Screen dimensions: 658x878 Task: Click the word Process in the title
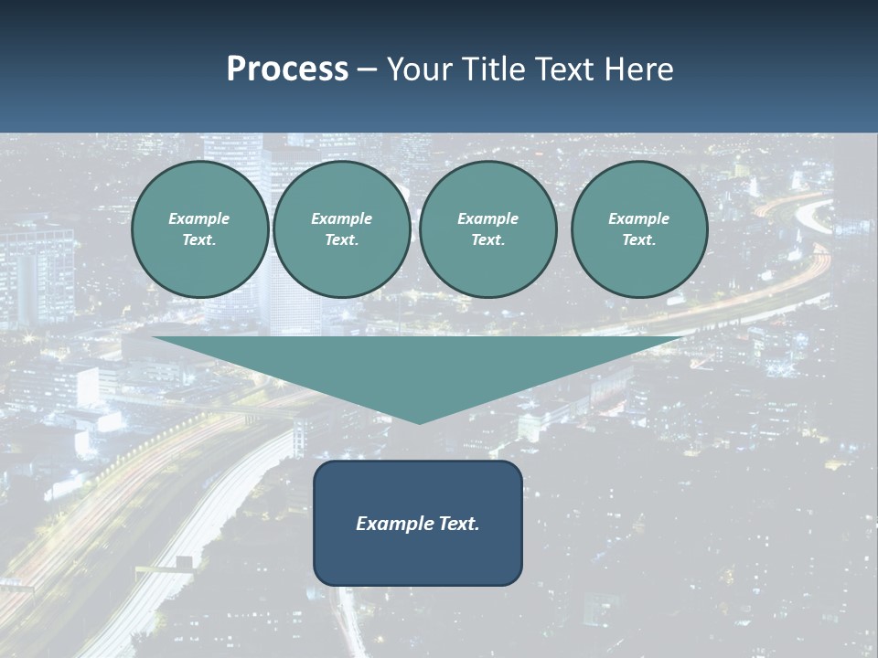(x=287, y=69)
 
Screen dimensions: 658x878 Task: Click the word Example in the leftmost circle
(x=199, y=218)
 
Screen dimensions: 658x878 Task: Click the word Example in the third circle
(x=487, y=218)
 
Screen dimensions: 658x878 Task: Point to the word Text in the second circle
(x=340, y=239)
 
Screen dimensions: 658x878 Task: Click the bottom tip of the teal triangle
(x=420, y=422)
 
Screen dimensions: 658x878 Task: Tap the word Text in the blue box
(x=458, y=524)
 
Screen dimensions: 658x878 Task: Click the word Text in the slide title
(x=559, y=69)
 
